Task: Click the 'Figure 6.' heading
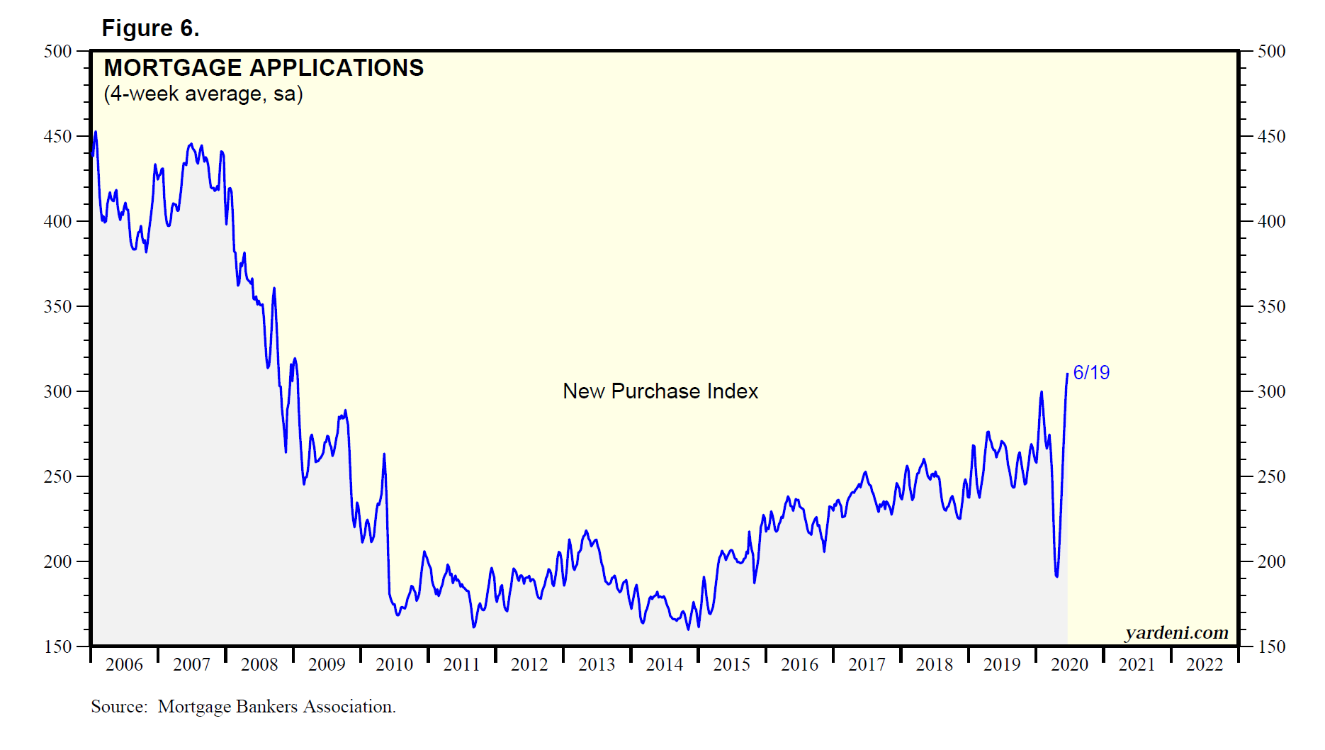click(x=150, y=28)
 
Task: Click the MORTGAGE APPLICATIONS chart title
click(x=264, y=67)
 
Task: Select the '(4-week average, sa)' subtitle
click(x=203, y=94)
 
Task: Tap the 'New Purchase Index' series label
click(x=660, y=391)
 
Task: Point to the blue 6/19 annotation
click(x=1091, y=373)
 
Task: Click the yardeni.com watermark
click(x=1176, y=632)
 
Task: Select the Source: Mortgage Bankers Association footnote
click(x=243, y=707)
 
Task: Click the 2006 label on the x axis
click(x=124, y=664)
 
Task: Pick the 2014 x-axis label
click(x=664, y=664)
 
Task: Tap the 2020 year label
click(x=1069, y=664)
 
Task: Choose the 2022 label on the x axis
click(x=1205, y=664)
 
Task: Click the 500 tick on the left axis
click(x=57, y=51)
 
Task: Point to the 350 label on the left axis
click(x=57, y=306)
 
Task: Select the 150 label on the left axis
click(x=57, y=647)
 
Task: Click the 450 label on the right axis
click(x=1271, y=136)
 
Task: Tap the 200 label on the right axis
click(x=1271, y=561)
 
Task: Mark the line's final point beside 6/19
click(x=1067, y=374)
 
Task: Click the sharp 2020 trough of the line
click(x=1056, y=576)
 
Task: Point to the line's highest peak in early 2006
click(x=96, y=132)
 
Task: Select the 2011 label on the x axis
click(x=461, y=664)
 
